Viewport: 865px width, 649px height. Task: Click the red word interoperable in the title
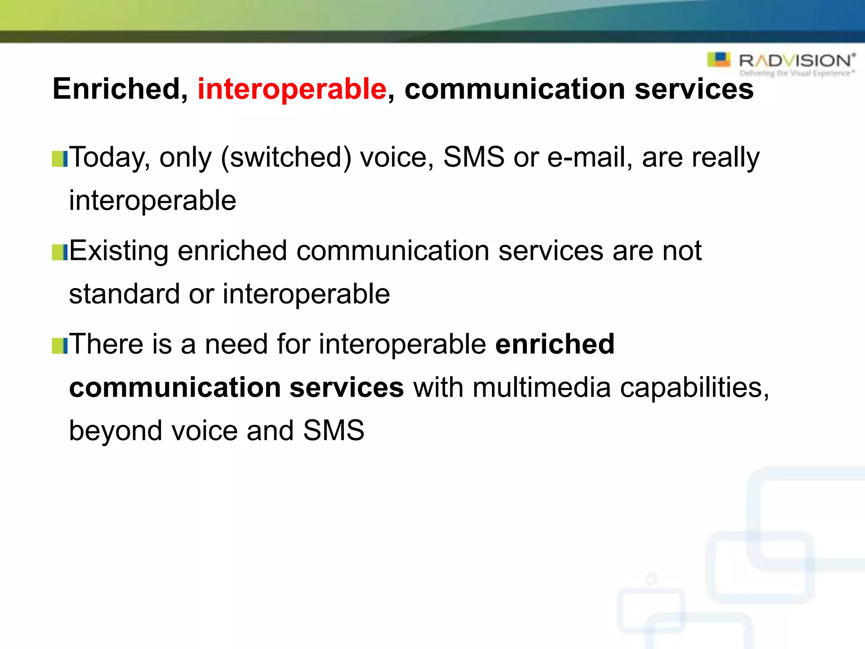tap(292, 89)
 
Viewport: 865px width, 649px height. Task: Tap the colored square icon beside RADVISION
tap(718, 60)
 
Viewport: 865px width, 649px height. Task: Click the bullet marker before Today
tap(60, 159)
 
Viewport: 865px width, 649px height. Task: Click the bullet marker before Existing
tap(60, 253)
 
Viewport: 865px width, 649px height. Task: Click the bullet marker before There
tap(60, 346)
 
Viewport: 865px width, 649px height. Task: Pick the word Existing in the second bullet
tap(119, 251)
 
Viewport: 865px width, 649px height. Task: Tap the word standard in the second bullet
tap(124, 294)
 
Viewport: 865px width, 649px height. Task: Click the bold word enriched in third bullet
tap(555, 344)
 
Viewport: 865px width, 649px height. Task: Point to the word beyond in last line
tap(115, 431)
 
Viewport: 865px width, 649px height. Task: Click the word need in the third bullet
tap(236, 344)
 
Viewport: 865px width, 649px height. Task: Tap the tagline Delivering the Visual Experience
tap(797, 74)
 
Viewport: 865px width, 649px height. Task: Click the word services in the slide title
tap(694, 89)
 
